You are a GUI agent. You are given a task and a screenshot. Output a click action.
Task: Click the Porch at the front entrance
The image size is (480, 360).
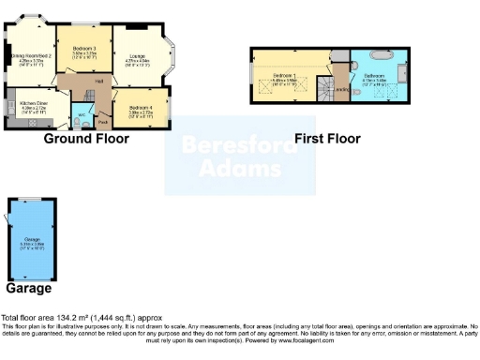(x=102, y=120)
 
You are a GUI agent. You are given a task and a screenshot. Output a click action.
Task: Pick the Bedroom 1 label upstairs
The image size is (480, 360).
(x=283, y=76)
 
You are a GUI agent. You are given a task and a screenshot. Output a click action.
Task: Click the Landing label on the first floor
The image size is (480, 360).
(x=343, y=91)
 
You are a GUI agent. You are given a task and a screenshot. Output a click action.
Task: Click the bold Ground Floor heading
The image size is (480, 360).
(x=86, y=139)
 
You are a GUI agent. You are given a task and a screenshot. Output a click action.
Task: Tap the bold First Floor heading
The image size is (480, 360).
(x=327, y=139)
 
